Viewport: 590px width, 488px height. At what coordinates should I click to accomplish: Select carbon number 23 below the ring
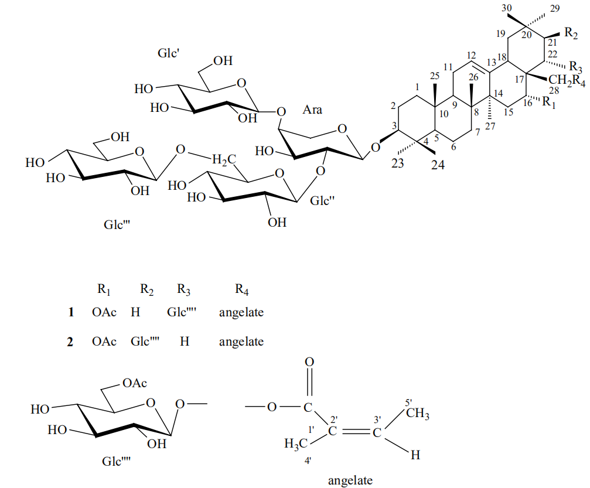click(x=398, y=164)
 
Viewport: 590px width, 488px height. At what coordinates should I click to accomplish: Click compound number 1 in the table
click(x=71, y=312)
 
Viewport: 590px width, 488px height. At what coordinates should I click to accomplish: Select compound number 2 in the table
click(x=70, y=342)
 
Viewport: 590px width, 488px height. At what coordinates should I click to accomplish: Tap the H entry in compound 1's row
click(x=135, y=312)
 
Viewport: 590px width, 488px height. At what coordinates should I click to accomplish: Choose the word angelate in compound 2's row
click(x=241, y=342)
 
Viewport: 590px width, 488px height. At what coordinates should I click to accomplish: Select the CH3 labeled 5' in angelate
click(x=418, y=416)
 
